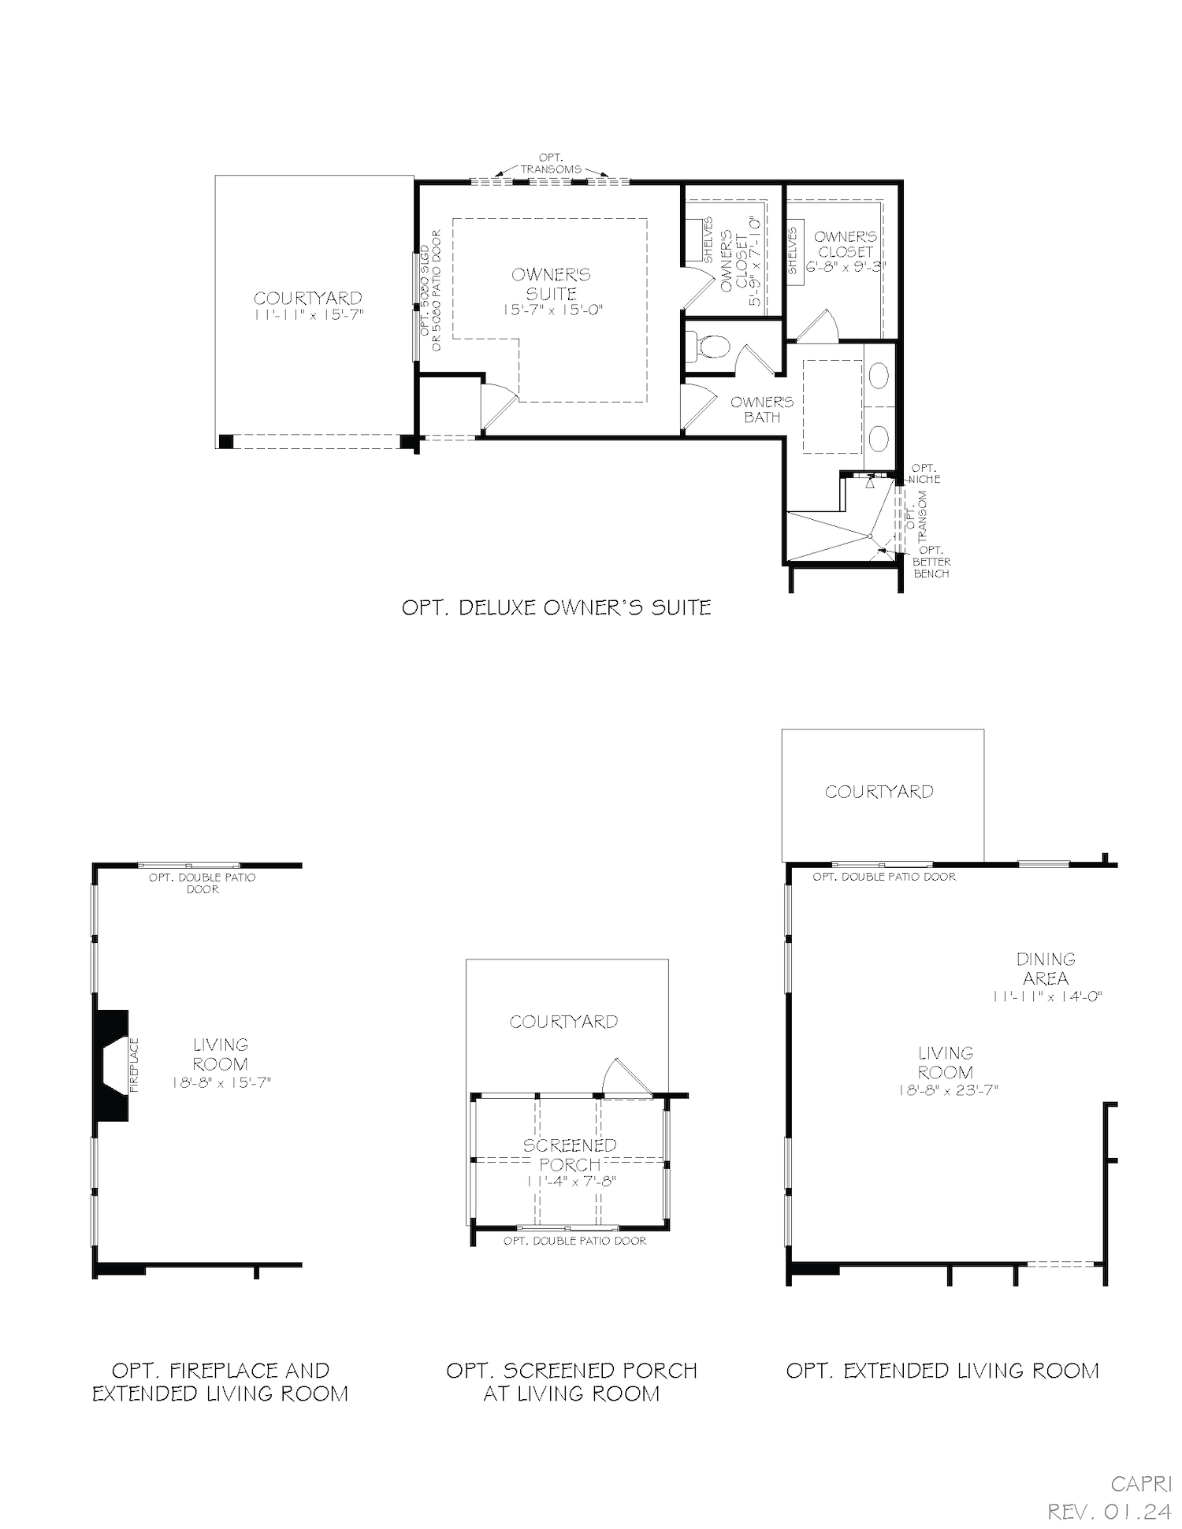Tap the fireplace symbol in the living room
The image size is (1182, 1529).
click(111, 1064)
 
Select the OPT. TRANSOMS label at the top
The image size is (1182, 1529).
click(551, 164)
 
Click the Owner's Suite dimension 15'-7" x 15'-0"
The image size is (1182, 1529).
click(552, 310)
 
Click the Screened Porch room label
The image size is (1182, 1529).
click(570, 1154)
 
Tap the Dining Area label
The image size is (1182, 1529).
click(1046, 969)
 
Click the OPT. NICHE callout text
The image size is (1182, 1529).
click(924, 473)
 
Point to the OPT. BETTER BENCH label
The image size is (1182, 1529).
click(931, 562)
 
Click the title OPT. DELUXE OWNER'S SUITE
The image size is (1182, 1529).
click(556, 607)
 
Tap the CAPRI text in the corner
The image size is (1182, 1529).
click(1140, 1484)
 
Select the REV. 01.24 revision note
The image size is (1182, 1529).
click(1109, 1511)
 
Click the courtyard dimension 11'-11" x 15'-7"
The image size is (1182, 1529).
click(308, 314)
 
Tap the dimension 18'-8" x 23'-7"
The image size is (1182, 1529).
click(947, 1090)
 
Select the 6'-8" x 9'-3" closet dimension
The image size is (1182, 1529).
click(846, 267)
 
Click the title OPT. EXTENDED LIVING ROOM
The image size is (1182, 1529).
click(942, 1371)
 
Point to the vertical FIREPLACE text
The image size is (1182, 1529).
click(134, 1064)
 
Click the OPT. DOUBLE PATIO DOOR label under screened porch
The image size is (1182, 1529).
click(574, 1241)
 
